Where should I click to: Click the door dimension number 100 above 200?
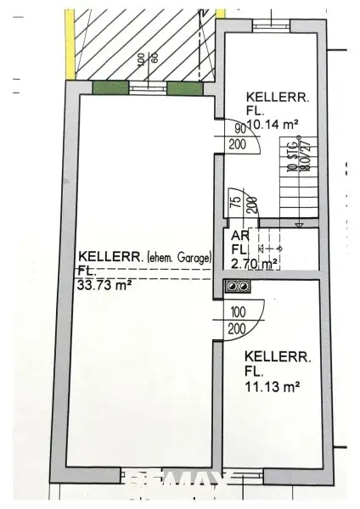[x=238, y=313]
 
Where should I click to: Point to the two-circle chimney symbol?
[x=234, y=286]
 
